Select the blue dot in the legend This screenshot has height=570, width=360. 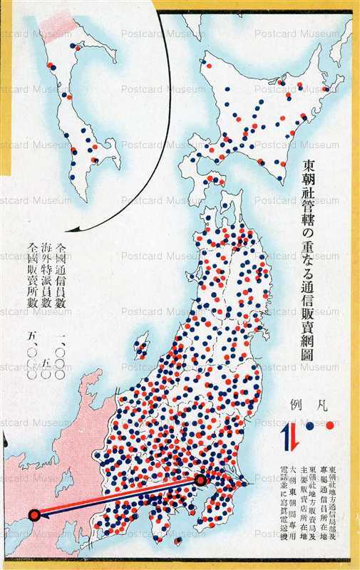coord(309,426)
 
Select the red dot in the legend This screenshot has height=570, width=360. coord(329,426)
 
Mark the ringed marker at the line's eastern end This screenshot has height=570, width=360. coord(200,480)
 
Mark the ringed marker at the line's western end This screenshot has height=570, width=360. coord(33,515)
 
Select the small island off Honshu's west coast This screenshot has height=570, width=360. coord(141,345)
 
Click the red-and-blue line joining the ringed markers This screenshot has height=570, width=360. coord(117,497)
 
